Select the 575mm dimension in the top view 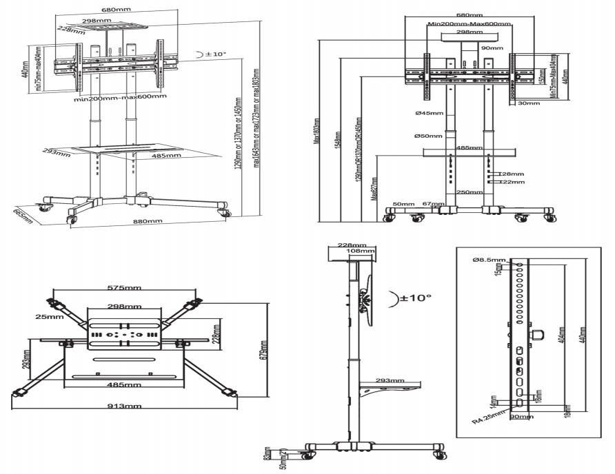click(x=124, y=287)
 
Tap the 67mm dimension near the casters click(x=433, y=204)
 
